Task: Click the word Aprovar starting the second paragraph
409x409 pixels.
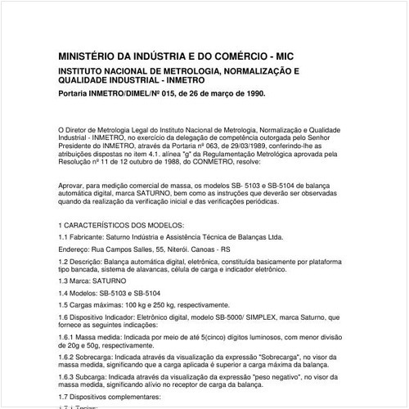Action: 73,187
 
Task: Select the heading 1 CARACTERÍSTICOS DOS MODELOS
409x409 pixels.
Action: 122,224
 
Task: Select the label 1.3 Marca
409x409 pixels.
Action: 74,280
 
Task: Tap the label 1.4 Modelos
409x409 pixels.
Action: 79,292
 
